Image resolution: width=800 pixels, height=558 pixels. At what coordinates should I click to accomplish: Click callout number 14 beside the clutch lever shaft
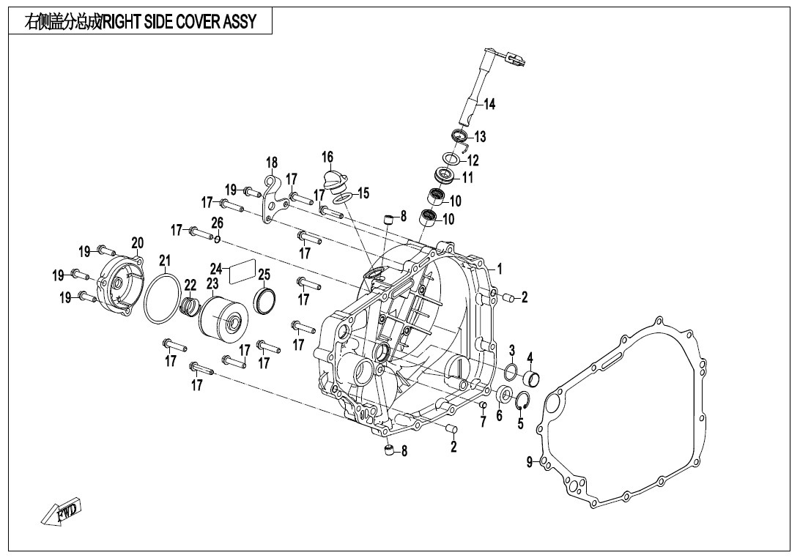[x=489, y=105]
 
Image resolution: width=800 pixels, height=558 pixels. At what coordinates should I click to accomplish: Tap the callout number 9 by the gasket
[x=530, y=461]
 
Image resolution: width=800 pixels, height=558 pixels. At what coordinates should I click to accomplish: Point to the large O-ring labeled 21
[x=162, y=299]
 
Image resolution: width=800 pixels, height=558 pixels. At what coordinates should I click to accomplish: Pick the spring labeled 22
[x=190, y=306]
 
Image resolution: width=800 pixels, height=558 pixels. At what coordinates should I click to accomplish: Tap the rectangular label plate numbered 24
[x=242, y=272]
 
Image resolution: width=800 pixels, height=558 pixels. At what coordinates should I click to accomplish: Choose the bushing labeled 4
[x=532, y=379]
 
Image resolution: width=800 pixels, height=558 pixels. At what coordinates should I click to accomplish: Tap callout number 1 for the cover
[x=500, y=269]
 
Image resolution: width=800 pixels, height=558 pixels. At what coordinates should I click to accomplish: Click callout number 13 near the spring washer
[x=480, y=137]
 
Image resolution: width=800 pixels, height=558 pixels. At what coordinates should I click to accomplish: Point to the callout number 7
[x=484, y=423]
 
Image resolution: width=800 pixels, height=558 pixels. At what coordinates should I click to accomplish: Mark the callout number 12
[x=473, y=160]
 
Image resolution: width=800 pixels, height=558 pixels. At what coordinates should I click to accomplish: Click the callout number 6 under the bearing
[x=499, y=415]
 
